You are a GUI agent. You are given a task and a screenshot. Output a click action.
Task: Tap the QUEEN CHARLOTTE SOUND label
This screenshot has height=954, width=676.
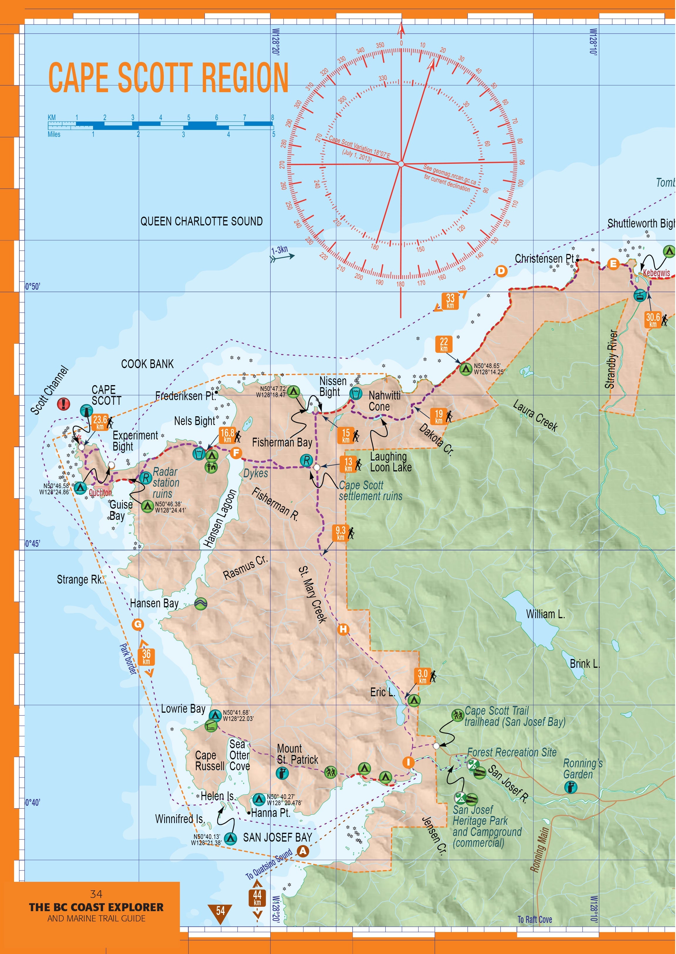(x=201, y=221)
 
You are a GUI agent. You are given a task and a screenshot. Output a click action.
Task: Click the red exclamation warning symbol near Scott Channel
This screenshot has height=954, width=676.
(x=63, y=403)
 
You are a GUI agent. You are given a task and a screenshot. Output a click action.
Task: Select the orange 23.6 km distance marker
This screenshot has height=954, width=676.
(x=100, y=422)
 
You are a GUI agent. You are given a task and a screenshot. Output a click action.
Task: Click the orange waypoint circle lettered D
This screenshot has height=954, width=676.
(x=501, y=271)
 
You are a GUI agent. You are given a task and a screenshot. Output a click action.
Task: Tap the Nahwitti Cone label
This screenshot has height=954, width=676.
(x=384, y=401)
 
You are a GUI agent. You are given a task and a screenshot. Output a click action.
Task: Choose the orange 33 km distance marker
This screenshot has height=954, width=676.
(x=450, y=301)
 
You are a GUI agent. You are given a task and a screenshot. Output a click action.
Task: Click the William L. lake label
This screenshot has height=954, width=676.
(x=545, y=614)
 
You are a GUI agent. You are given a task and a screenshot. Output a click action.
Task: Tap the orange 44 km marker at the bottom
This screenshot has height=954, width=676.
(x=257, y=897)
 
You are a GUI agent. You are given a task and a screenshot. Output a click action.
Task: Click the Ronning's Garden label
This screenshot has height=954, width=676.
(x=582, y=769)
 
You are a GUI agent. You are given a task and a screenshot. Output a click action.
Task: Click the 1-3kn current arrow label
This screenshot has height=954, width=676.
(x=280, y=250)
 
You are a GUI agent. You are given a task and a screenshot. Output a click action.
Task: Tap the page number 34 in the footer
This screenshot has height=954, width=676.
(x=96, y=894)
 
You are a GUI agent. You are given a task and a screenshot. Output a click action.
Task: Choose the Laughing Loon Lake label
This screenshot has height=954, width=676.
(x=390, y=462)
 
